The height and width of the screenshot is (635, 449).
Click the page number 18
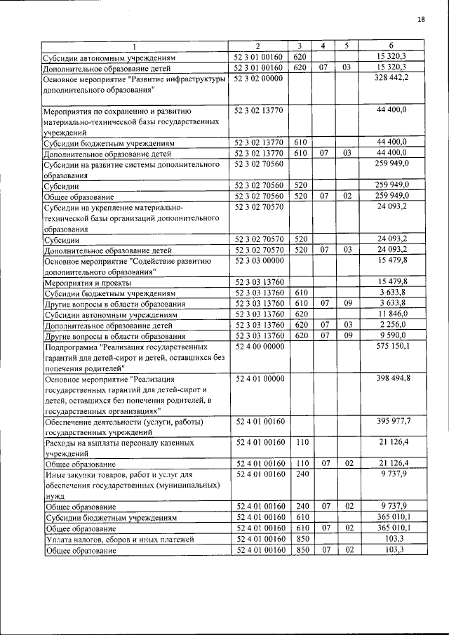[x=421, y=19]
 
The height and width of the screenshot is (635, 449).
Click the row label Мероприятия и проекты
[x=80, y=282]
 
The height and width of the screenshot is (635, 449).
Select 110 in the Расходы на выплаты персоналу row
[x=302, y=443]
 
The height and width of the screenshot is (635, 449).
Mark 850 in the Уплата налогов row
[x=302, y=539]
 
